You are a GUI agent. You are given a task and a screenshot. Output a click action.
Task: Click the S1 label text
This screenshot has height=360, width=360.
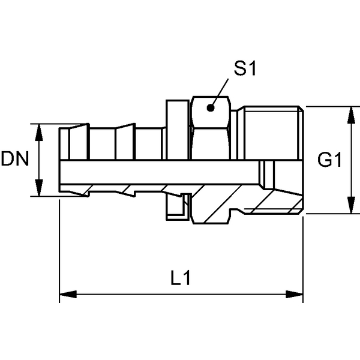pos(245,68)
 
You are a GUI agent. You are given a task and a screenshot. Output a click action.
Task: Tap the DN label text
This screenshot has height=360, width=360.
pos(15,158)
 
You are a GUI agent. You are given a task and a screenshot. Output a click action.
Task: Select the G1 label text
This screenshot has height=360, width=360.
pos(329,160)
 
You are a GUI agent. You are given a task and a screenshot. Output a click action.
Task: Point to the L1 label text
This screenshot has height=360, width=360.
pos(181,278)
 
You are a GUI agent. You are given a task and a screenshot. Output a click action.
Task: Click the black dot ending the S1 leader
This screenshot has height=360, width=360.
pos(211,107)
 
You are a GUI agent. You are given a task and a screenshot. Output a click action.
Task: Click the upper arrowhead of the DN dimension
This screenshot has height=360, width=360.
pos(39,133)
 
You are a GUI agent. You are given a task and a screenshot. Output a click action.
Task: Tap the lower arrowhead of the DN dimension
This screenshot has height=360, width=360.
pos(39,188)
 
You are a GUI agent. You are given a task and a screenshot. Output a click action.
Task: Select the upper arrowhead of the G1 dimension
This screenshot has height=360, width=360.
pos(351,115)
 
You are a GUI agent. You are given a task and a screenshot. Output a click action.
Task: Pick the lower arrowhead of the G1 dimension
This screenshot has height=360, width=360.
pos(351,205)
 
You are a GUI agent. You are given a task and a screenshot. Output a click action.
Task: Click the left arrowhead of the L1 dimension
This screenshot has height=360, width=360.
pos(68,294)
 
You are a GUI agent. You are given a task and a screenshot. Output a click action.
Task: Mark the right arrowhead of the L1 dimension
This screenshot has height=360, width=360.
pos(295,294)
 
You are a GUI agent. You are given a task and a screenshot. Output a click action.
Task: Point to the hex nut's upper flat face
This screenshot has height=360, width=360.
pos(211,112)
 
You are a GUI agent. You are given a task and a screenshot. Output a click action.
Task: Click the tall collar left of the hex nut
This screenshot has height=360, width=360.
pos(178,130)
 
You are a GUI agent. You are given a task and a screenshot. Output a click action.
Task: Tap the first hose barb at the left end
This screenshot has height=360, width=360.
pos(78,142)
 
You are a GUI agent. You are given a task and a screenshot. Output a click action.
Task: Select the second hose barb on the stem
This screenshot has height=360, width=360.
pos(125,142)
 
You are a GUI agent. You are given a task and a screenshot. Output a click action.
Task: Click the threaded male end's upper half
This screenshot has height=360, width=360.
pos(273,133)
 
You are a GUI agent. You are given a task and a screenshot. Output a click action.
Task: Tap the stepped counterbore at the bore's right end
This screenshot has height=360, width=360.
pos(266,175)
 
